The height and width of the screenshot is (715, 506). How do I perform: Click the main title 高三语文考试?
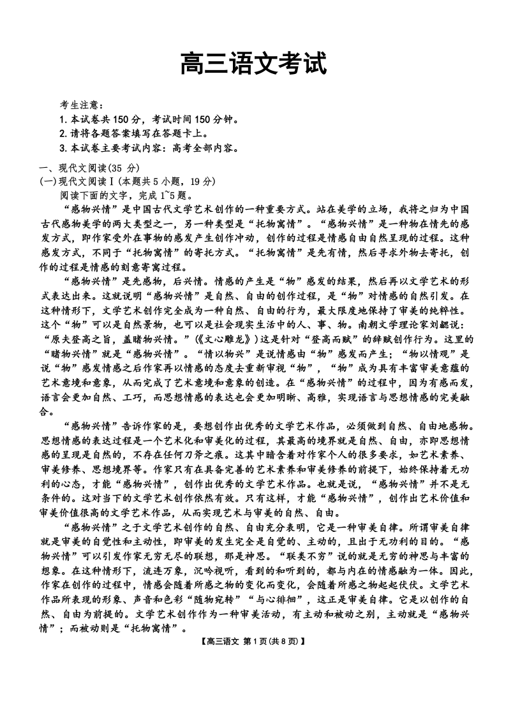tap(253, 64)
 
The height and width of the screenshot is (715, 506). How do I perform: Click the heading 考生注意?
tap(82, 105)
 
